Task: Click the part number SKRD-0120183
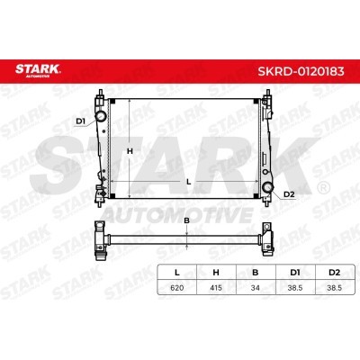point(301,71)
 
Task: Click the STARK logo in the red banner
point(38,70)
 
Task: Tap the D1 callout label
point(81,121)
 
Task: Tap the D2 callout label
point(289,194)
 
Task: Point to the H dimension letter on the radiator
point(130,151)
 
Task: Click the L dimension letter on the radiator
point(189,182)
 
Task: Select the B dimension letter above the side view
point(186,220)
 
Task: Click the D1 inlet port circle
point(101,116)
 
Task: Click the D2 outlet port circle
point(267,187)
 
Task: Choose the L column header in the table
point(177,273)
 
